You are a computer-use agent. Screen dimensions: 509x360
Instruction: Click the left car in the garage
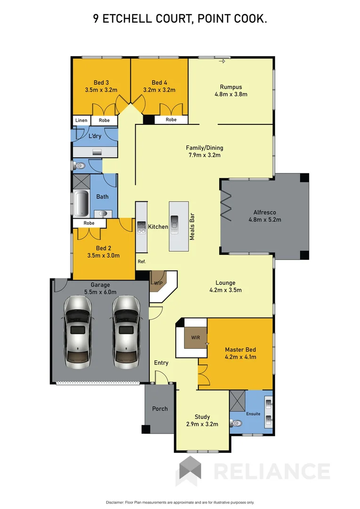click(77, 332)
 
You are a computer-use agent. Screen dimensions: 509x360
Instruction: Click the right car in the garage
click(125, 332)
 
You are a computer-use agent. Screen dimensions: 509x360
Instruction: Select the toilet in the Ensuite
click(237, 422)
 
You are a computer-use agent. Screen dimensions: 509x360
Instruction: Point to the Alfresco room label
click(261, 212)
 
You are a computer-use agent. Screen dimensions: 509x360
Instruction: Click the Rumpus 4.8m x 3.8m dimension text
click(231, 94)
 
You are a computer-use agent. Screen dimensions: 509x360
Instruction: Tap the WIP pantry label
click(157, 283)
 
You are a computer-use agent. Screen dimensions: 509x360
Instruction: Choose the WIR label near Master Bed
click(196, 338)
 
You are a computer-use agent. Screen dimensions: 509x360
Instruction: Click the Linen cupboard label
click(81, 121)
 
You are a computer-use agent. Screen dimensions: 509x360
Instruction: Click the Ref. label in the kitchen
click(142, 262)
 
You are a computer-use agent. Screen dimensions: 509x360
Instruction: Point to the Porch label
click(160, 409)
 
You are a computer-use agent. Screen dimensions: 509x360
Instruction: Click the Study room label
click(202, 417)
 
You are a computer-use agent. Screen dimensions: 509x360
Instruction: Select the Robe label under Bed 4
click(171, 120)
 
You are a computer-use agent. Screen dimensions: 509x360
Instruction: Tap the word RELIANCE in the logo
click(272, 471)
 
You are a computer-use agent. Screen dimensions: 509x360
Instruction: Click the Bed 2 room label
click(103, 248)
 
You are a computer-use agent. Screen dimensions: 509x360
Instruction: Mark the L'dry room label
click(95, 136)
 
